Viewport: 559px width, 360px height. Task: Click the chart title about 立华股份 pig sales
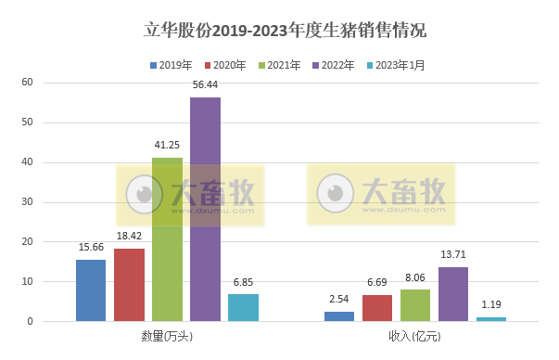tap(279, 30)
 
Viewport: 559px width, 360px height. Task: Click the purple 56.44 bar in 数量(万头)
tap(205, 209)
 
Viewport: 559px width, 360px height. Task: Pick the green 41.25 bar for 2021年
tap(167, 239)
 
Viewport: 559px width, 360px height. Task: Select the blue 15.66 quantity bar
tap(91, 290)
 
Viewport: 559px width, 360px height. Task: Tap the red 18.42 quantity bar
tap(129, 285)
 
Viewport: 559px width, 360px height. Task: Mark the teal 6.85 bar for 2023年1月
tap(243, 308)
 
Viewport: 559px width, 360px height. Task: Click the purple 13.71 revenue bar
tap(453, 294)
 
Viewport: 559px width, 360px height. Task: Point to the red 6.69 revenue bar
tap(377, 308)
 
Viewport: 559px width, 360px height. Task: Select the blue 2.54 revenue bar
tap(339, 316)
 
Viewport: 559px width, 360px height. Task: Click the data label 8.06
tap(415, 277)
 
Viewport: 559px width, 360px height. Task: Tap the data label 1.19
tap(491, 304)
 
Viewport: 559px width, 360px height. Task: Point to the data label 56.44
tap(205, 85)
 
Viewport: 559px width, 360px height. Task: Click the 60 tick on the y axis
tap(28, 83)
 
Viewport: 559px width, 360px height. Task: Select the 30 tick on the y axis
tap(28, 202)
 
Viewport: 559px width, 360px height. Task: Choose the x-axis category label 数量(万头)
tap(167, 335)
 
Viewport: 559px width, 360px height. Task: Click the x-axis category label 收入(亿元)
tap(415, 335)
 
